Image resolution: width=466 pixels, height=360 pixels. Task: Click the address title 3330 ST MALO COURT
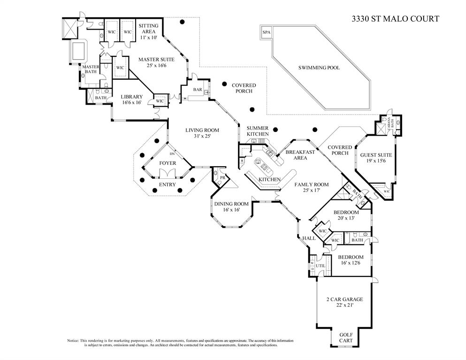point(396,19)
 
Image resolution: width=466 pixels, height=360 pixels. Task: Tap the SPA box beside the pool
point(267,32)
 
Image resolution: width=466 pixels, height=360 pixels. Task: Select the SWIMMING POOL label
point(319,68)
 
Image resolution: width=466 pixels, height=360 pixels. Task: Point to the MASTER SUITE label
point(156,60)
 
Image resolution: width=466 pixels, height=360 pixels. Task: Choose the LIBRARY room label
point(131,97)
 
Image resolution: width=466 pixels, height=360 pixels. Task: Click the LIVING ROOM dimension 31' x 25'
point(202,136)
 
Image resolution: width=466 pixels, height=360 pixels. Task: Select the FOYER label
point(168,163)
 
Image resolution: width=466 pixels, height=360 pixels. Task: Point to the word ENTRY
point(167,184)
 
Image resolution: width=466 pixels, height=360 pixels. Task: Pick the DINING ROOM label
point(231,204)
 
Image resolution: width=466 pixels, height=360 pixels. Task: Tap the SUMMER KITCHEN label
point(258,131)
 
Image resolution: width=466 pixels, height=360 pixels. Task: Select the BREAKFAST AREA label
point(300,155)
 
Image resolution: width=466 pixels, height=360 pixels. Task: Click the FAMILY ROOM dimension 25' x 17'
point(311,191)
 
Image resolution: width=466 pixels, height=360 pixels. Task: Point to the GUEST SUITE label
point(376,154)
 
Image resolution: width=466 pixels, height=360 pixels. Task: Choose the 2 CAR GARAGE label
point(344,299)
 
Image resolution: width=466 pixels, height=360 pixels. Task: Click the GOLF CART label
point(345,337)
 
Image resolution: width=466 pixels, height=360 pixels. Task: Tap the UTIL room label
point(321,266)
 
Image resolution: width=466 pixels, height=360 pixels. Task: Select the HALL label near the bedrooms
point(309,238)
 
